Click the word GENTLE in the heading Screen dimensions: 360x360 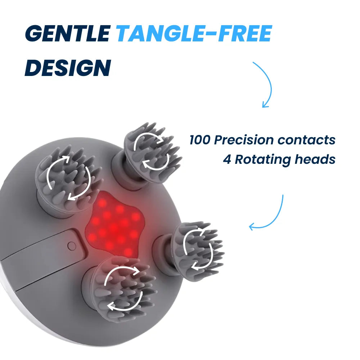coord(67,33)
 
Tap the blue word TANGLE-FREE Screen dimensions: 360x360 coord(194,33)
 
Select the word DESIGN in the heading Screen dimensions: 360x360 coord(68,68)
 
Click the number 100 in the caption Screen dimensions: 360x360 coord(200,140)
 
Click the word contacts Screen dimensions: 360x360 coord(306,140)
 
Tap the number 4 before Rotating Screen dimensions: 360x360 coord(227,159)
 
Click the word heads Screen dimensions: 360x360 coord(315,159)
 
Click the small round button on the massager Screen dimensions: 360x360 coord(72,246)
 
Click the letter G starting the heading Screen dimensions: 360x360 coord(34,33)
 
